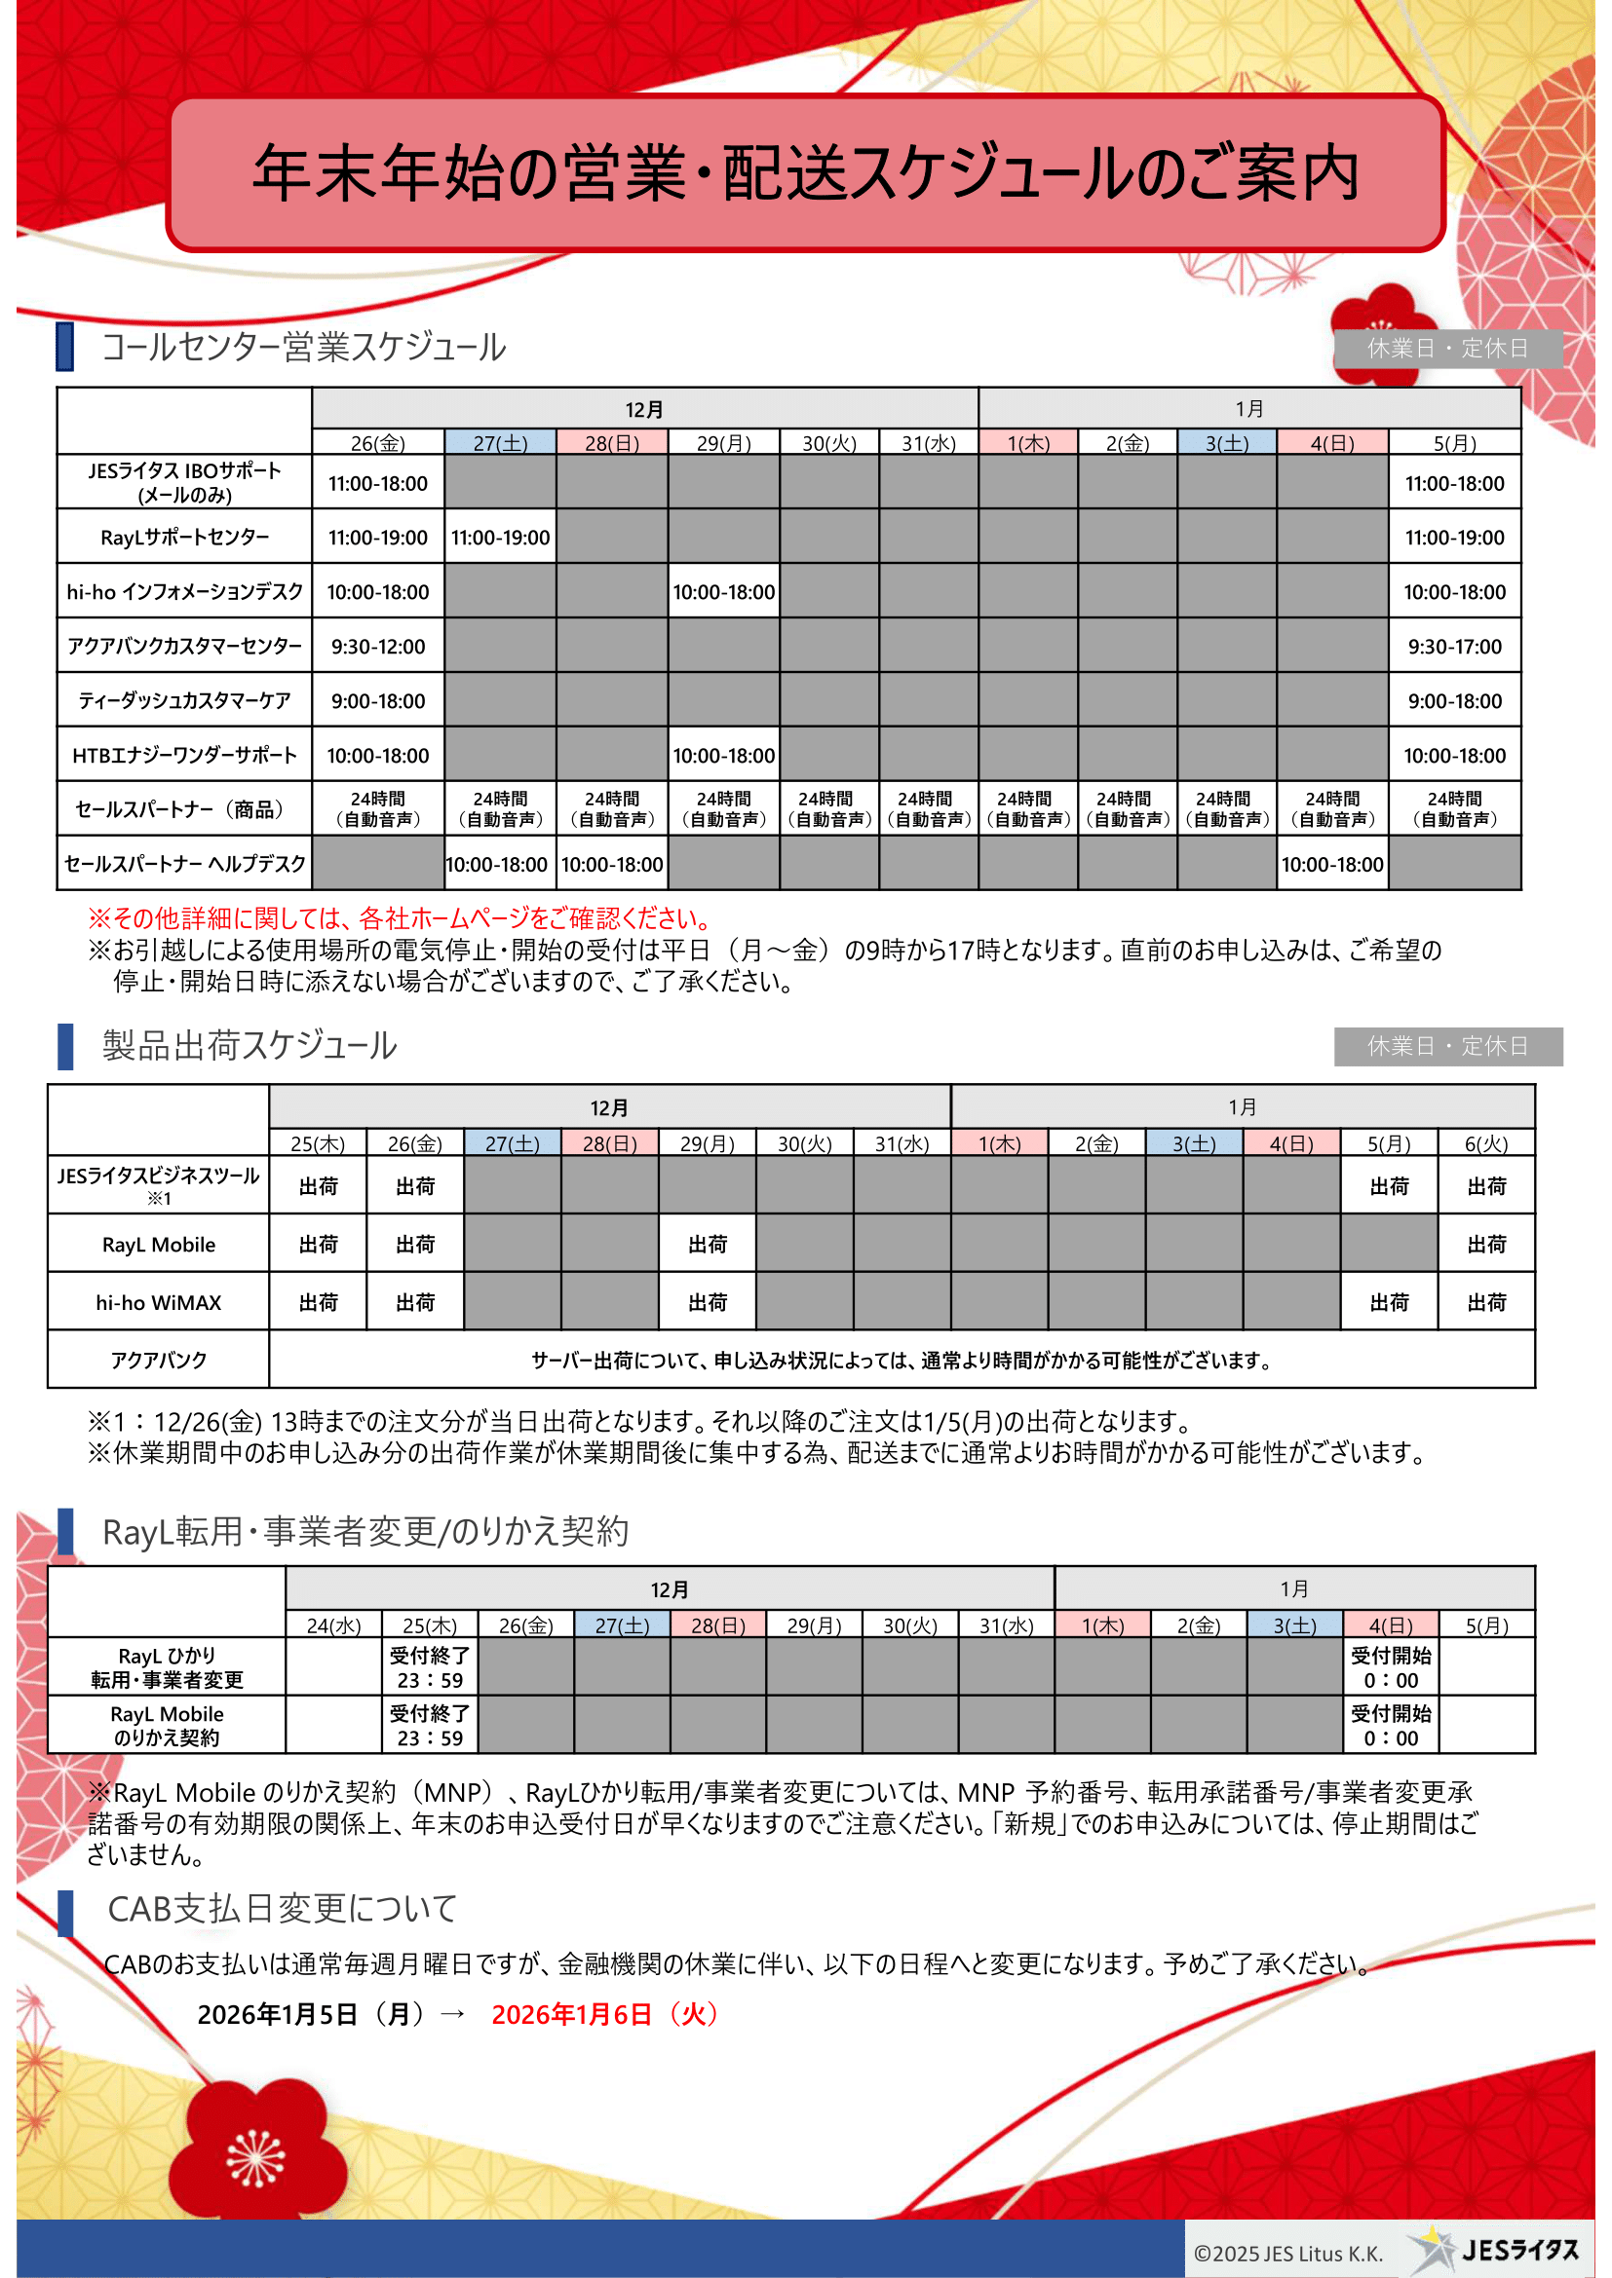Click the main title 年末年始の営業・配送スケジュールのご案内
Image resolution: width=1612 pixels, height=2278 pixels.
pos(805,172)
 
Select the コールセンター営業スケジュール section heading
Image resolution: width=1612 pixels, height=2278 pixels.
pos(304,348)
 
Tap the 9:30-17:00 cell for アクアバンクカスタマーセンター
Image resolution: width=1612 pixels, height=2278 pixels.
pos(1454,647)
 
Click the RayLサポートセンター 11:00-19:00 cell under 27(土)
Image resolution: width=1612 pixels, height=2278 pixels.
pos(500,538)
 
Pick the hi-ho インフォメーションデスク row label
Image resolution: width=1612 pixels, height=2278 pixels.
pos(184,592)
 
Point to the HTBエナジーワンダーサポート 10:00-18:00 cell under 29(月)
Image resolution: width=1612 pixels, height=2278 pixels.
pos(723,756)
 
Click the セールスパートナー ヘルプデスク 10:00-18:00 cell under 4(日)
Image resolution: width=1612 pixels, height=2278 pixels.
pos(1332,865)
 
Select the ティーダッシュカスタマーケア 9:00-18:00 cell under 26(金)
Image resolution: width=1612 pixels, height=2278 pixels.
pos(378,701)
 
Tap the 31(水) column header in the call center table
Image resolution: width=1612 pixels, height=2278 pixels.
pos(928,443)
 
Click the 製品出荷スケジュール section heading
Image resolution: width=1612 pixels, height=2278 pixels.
pos(250,1046)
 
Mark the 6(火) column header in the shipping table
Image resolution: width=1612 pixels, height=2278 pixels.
pos(1486,1144)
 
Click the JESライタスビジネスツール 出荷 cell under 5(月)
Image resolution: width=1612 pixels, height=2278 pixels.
pos(1389,1186)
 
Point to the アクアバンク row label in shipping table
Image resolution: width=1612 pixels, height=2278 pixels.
pos(159,1361)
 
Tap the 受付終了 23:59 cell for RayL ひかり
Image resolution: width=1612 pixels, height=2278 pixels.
pos(430,1667)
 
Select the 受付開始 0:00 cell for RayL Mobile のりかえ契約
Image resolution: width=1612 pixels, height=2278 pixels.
pos(1391,1726)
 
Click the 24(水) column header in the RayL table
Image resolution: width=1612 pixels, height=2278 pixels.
pos(333,1626)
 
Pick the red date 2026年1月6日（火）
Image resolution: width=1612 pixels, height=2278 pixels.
pos(604,2014)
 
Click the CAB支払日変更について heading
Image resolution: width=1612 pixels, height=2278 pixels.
pos(283,1909)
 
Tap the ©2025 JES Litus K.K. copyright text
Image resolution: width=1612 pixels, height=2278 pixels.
pos(1287,2254)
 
